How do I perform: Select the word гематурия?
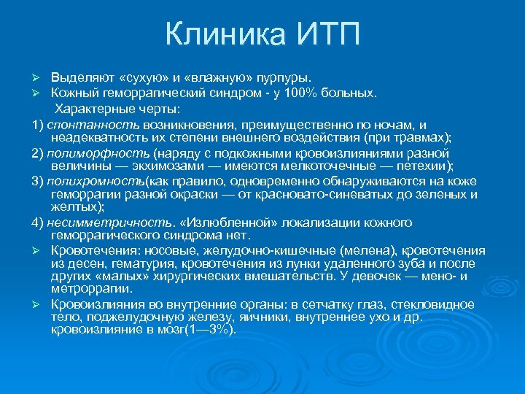click(x=125, y=263)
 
